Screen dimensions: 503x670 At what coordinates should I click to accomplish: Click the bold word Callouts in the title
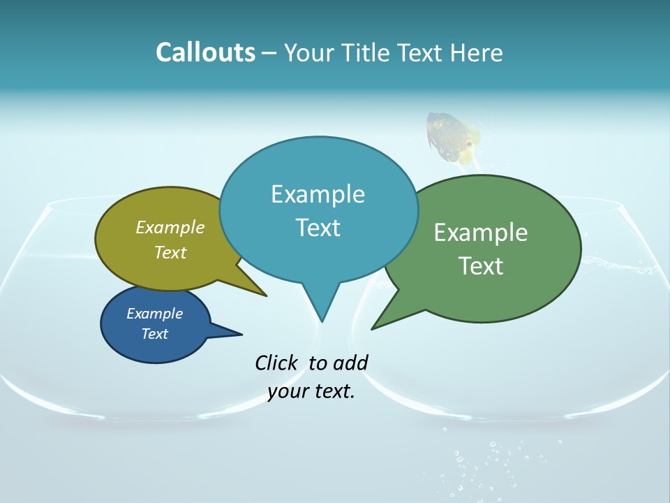(205, 52)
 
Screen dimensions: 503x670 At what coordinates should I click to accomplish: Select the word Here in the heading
(477, 52)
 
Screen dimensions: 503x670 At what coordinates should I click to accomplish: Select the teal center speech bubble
(318, 210)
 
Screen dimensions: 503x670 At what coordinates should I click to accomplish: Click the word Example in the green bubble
(481, 233)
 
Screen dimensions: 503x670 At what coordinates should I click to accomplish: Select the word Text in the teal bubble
(318, 228)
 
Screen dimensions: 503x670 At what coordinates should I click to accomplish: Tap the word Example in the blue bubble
(154, 314)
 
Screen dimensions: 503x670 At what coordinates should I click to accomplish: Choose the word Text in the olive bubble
(170, 252)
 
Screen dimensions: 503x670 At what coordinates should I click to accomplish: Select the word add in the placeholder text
(351, 363)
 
